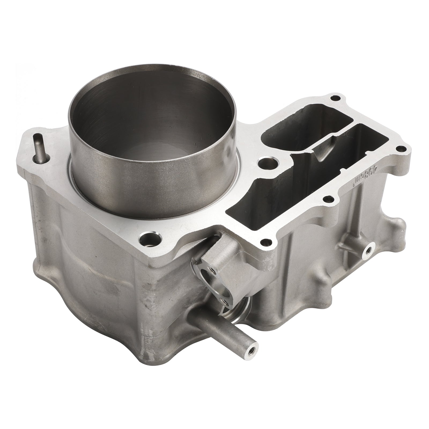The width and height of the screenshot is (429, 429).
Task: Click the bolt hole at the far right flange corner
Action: [401, 148]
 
